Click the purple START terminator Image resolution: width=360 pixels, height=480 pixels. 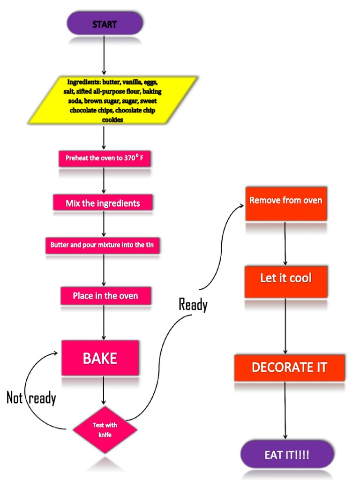pyautogui.click(x=105, y=23)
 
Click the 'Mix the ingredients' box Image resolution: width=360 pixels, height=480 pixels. pyautogui.click(x=103, y=203)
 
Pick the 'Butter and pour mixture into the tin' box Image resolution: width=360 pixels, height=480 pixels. pyautogui.click(x=103, y=245)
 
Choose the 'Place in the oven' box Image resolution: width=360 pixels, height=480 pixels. pyautogui.click(x=105, y=296)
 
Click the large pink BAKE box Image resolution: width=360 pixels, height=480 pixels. pyautogui.click(x=100, y=358)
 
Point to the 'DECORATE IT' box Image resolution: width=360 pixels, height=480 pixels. pyautogui.click(x=289, y=367)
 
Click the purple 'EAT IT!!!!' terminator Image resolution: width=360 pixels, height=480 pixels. pyautogui.click(x=287, y=455)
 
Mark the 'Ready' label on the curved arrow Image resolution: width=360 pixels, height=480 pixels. pyautogui.click(x=193, y=305)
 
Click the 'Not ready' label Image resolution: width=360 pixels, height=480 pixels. pyautogui.click(x=31, y=398)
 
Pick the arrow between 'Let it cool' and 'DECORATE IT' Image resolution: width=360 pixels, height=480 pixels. pyautogui.click(x=285, y=326)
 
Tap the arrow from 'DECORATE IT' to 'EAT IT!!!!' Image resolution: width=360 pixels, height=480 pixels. pyautogui.click(x=285, y=410)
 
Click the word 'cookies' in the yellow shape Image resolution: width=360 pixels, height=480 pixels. pyautogui.click(x=112, y=120)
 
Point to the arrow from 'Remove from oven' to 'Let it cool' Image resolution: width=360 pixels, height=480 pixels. pyautogui.click(x=285, y=244)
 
